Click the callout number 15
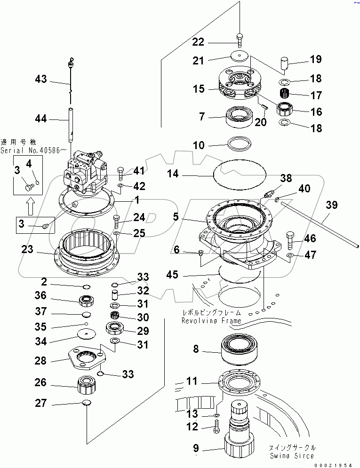pyautogui.click(x=198, y=88)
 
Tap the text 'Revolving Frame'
pyautogui.click(x=211, y=321)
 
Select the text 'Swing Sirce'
pyautogui.click(x=292, y=456)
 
